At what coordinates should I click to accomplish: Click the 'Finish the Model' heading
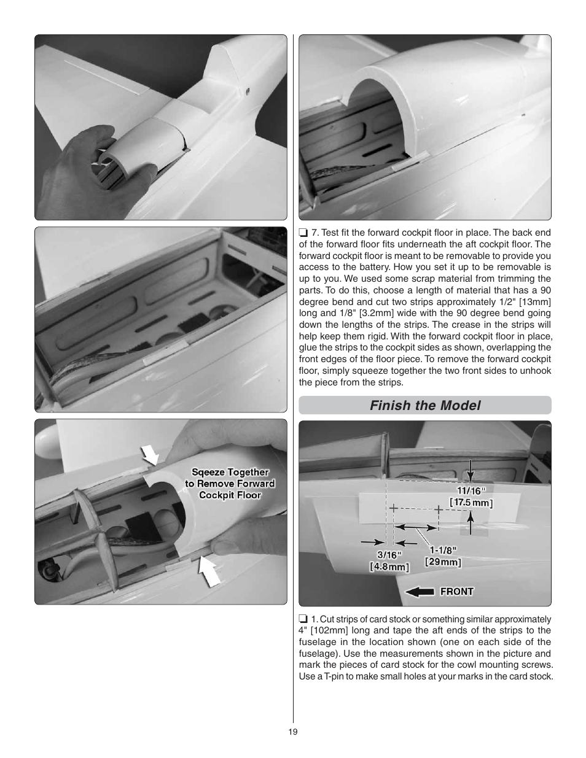(425, 405)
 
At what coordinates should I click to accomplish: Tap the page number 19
(293, 732)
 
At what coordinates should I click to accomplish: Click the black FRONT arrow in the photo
(420, 592)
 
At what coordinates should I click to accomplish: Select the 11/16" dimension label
(471, 491)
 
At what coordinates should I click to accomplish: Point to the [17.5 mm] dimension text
(471, 503)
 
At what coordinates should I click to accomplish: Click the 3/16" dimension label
(389, 555)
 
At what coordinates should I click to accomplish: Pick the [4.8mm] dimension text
(389, 567)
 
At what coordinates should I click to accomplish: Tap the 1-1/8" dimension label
(443, 550)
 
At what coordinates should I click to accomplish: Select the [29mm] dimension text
(443, 562)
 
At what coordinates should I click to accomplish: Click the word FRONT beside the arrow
(456, 592)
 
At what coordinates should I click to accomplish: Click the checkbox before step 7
(303, 233)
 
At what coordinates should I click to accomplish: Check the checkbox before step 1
(303, 619)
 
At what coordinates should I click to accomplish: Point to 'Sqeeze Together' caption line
(230, 472)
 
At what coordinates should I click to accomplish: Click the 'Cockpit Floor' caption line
(230, 495)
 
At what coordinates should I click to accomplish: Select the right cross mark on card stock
(439, 509)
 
